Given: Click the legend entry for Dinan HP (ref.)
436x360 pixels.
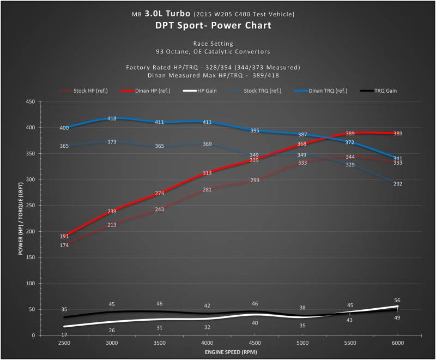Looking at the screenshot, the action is (x=145, y=91).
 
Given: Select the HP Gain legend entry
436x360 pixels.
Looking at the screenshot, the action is (x=200, y=91).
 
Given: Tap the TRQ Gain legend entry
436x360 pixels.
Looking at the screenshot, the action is (x=378, y=91).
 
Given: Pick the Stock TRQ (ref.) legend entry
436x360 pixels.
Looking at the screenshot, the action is (x=255, y=91).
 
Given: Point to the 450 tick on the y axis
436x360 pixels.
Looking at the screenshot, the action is (x=31, y=102).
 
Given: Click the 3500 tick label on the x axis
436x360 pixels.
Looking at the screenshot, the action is (x=160, y=343).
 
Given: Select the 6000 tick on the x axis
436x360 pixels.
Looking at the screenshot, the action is (x=398, y=343).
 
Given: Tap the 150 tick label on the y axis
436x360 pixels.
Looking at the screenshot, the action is (x=31, y=257).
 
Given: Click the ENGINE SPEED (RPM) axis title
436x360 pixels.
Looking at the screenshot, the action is (x=231, y=352).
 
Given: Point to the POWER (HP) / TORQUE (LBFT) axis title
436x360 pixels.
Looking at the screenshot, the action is (x=21, y=218).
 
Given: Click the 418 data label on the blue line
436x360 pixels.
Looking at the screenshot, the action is (x=112, y=118).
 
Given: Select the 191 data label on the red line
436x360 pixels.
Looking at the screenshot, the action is (x=64, y=236).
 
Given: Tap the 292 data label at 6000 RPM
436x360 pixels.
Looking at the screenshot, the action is (x=398, y=184).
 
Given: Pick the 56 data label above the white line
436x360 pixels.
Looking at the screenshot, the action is (x=397, y=301).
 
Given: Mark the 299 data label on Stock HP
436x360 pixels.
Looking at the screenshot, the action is (x=255, y=181).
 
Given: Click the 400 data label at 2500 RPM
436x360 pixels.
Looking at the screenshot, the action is (x=64, y=128).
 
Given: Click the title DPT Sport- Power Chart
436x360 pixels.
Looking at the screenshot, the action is (x=213, y=25).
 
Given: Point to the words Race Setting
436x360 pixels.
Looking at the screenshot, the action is (x=213, y=44).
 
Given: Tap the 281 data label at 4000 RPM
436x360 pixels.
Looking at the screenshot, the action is (x=207, y=190).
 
